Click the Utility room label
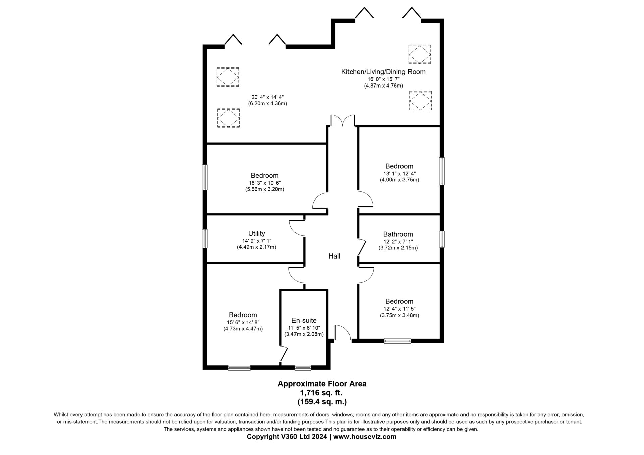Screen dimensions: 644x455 256,233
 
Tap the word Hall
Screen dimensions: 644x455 334,256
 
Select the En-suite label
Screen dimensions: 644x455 304,320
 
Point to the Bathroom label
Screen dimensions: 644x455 398,234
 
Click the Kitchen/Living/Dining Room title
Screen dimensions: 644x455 383,72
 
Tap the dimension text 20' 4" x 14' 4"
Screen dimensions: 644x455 267,97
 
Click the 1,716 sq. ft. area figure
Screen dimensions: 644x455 321,393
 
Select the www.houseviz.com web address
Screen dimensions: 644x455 365,437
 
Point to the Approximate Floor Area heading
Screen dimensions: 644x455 322,384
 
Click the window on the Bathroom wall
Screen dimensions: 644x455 442,239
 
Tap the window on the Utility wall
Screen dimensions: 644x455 205,239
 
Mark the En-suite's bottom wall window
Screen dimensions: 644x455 303,368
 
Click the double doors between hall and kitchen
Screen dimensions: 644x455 342,121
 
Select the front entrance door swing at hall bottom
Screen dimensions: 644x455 343,333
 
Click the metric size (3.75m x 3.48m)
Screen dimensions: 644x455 399,315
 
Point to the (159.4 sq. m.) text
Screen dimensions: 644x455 322,402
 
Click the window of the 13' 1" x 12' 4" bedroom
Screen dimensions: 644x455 442,171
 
